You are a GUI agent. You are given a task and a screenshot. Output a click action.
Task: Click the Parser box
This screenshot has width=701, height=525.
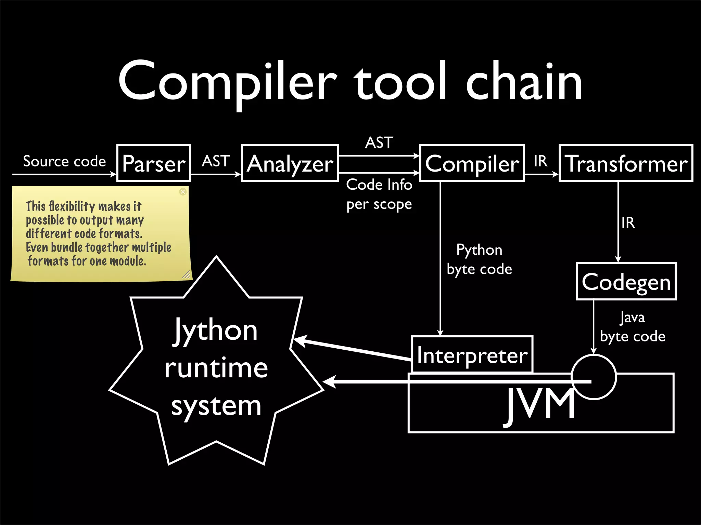(x=154, y=163)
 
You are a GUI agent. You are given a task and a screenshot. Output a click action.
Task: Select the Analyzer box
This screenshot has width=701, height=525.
(x=290, y=163)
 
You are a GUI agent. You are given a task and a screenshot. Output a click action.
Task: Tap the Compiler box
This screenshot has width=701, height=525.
(x=472, y=163)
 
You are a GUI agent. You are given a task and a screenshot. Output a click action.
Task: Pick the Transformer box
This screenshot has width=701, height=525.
(x=626, y=163)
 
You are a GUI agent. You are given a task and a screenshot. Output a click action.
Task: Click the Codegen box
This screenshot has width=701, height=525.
(x=626, y=282)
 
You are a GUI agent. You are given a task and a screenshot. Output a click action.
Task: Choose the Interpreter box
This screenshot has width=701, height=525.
(x=472, y=355)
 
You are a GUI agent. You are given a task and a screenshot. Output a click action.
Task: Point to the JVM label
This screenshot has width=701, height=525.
(x=540, y=405)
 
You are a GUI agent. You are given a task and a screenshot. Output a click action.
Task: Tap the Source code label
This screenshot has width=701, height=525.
(x=64, y=161)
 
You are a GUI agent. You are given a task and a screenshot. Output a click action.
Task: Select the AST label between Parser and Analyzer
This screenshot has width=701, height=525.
(x=216, y=161)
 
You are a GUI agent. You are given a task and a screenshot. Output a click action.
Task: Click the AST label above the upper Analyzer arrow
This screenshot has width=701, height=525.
(x=379, y=142)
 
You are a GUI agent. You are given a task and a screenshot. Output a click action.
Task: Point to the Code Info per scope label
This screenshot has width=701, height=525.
(x=379, y=194)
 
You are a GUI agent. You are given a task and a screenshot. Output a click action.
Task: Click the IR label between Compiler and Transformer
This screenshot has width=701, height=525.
(x=541, y=161)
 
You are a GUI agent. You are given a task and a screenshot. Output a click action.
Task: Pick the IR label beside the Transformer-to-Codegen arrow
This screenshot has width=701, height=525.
(x=628, y=223)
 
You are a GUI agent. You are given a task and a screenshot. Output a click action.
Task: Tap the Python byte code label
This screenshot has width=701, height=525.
(x=479, y=259)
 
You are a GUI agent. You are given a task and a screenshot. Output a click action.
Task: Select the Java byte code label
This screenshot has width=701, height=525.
(x=633, y=327)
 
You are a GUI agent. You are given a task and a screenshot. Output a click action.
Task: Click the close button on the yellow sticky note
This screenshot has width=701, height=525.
(x=183, y=191)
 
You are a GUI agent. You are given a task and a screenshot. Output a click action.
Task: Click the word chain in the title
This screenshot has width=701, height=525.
(x=524, y=82)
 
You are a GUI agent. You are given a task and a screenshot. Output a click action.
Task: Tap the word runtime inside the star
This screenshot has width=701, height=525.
(x=216, y=368)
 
